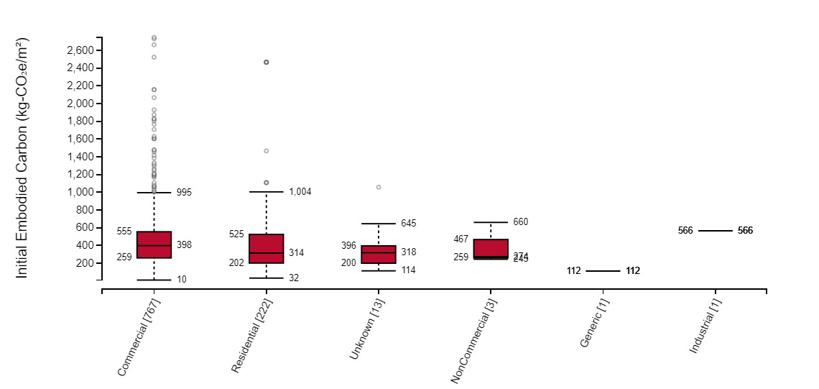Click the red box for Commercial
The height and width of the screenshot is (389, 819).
click(154, 244)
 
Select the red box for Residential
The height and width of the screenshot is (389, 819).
click(266, 249)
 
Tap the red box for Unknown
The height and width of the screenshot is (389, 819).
click(379, 255)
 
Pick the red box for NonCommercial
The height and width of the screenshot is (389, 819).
click(491, 249)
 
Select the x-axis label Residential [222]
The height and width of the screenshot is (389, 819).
click(252, 335)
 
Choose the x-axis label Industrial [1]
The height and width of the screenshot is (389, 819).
click(705, 326)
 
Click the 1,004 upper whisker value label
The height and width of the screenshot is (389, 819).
click(300, 192)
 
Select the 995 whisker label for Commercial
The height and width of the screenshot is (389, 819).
click(184, 193)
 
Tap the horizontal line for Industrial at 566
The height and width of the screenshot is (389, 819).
click(715, 231)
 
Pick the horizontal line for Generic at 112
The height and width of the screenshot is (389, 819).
click(603, 271)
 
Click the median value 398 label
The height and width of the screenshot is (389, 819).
click(184, 245)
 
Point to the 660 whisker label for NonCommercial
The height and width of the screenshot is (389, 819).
click(521, 222)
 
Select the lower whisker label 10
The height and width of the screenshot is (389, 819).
click(182, 280)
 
